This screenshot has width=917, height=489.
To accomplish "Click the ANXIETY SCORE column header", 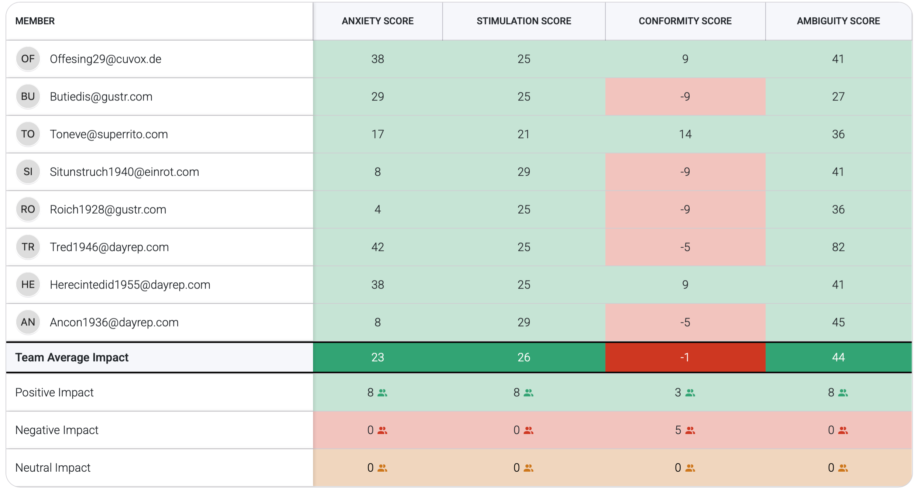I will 377,21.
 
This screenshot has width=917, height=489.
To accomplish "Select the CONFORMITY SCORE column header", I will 685,21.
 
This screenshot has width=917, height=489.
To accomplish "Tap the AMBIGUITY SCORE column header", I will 838,21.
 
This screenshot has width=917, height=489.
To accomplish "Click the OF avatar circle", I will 28,59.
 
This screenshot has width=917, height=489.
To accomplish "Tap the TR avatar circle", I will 28,247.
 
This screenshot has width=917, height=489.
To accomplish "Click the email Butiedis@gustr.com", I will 101,97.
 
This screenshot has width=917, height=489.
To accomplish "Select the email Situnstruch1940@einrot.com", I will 124,172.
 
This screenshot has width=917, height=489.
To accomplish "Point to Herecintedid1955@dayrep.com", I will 130,285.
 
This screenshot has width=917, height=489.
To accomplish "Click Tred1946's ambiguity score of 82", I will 838,247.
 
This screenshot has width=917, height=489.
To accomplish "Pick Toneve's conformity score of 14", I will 685,134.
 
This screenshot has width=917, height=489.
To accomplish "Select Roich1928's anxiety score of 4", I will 377,210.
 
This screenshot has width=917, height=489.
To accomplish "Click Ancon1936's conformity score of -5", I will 685,323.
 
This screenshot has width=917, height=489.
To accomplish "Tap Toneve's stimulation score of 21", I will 523,134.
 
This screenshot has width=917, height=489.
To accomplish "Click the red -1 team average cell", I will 685,357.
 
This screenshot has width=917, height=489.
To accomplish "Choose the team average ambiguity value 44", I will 838,357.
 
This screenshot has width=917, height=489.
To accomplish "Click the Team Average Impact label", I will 72,357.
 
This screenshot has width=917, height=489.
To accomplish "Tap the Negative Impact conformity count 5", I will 678,430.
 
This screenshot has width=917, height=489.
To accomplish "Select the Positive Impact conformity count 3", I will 678,393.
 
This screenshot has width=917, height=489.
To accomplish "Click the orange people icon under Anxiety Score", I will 382,468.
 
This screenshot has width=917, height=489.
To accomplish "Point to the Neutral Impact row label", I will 53,468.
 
